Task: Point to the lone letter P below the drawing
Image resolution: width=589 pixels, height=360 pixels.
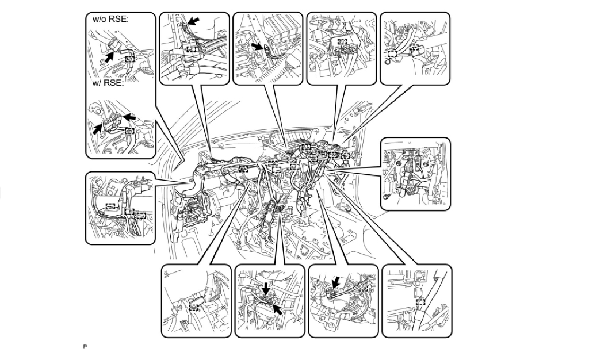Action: (85, 347)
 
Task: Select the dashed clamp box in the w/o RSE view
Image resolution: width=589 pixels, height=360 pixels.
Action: (131, 59)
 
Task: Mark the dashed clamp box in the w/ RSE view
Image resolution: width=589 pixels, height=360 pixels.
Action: (130, 131)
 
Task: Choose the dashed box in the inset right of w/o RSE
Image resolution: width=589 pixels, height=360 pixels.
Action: (192, 49)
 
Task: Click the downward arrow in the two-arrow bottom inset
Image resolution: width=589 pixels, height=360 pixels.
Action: (265, 287)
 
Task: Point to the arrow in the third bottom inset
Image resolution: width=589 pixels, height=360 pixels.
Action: (336, 281)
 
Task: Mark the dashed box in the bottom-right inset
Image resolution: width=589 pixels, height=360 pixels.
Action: (420, 301)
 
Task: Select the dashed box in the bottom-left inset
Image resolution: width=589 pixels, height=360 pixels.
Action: (194, 307)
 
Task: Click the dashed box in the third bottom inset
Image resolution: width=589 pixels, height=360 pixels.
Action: (363, 287)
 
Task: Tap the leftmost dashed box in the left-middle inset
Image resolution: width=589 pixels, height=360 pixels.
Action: (110, 205)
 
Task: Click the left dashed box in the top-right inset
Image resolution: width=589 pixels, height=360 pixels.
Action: (392, 54)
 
